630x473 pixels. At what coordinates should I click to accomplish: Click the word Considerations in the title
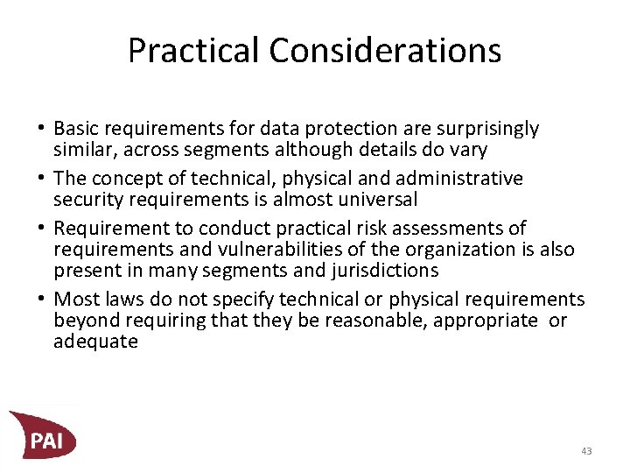(385, 50)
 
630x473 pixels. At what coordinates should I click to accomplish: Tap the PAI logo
(43, 434)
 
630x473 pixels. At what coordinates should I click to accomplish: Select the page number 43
(585, 451)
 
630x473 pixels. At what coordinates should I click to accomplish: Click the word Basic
(77, 129)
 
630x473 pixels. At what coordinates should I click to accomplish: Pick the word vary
(467, 150)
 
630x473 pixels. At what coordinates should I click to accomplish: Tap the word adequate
(95, 342)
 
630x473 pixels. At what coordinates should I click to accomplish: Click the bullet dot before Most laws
(43, 300)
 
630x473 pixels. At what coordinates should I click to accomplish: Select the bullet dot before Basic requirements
(43, 129)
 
